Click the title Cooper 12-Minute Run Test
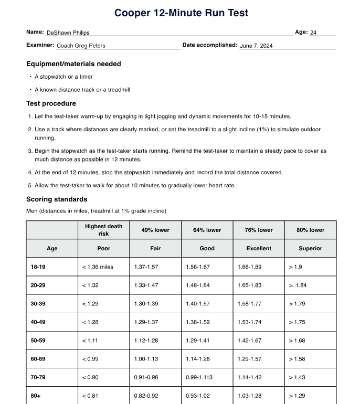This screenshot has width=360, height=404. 181,13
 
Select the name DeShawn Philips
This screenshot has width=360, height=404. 68,33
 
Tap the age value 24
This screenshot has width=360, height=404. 313,33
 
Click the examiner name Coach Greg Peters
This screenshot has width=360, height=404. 81,46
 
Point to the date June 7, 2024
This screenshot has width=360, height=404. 256,46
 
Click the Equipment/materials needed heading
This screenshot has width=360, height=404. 73,64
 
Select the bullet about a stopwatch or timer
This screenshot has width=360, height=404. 63,77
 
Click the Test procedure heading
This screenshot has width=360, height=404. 51,103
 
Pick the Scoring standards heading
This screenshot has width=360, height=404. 57,199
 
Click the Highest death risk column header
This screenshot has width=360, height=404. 103,230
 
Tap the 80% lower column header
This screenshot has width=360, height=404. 310,230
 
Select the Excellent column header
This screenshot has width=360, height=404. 259,248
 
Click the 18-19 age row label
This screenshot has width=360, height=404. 38,267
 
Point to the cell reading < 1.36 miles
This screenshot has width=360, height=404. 98,267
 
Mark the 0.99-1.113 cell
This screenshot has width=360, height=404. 199,377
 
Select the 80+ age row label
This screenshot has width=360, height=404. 36,396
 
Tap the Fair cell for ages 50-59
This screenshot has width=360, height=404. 146,341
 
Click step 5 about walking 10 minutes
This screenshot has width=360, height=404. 135,185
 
